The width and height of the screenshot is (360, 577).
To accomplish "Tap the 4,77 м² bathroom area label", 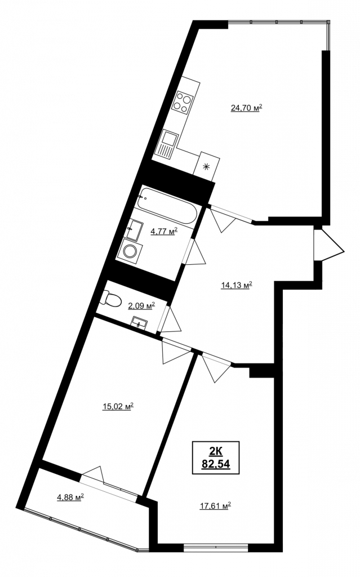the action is coord(164,231).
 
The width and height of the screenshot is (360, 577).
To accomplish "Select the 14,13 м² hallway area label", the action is coord(236,285).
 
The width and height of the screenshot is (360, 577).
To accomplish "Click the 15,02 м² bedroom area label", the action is coord(118,406).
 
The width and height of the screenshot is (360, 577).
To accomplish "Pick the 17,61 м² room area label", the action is coord(215,506).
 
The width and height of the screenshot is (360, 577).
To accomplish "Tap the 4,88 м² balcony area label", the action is coord(70,498).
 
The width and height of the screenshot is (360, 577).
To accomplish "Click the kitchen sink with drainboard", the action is coord(168,145).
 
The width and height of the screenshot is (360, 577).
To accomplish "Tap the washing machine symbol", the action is coord(130,251).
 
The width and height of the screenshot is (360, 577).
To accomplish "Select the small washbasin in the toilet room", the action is coord(140,323).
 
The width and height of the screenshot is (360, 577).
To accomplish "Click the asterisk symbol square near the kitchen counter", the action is coord(207,166).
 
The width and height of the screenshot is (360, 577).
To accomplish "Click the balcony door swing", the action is coord(93,474).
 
